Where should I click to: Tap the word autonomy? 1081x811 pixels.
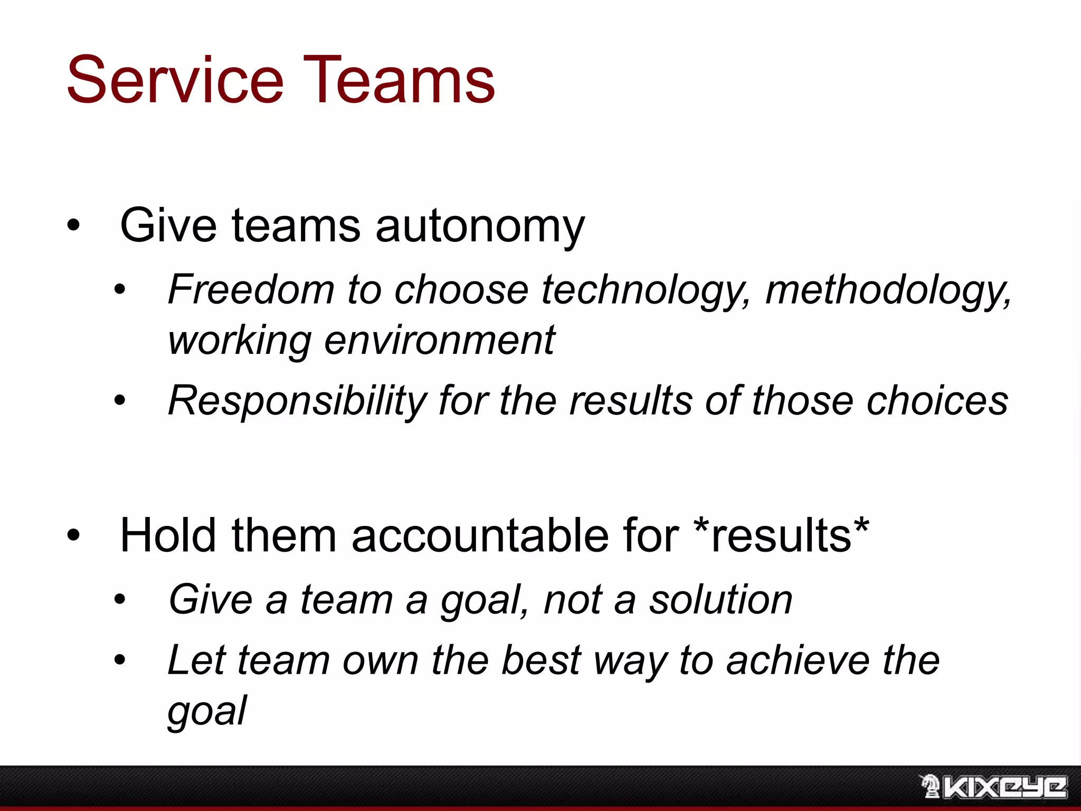pyautogui.click(x=480, y=226)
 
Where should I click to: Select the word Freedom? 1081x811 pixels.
pyautogui.click(x=251, y=290)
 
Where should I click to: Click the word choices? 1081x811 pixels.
pyautogui.click(x=937, y=401)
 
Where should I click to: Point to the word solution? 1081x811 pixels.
pyautogui.click(x=720, y=600)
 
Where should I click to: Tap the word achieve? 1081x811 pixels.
pyautogui.click(x=798, y=660)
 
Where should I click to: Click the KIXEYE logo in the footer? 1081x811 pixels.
pyautogui.click(x=993, y=787)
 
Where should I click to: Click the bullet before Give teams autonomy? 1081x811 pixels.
pyautogui.click(x=73, y=226)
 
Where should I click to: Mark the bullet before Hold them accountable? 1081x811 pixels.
pyautogui.click(x=73, y=536)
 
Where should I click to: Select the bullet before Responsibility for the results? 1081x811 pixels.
pyautogui.click(x=120, y=401)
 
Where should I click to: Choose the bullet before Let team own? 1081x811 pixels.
pyautogui.click(x=120, y=660)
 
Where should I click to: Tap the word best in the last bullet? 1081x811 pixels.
pyautogui.click(x=540, y=660)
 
